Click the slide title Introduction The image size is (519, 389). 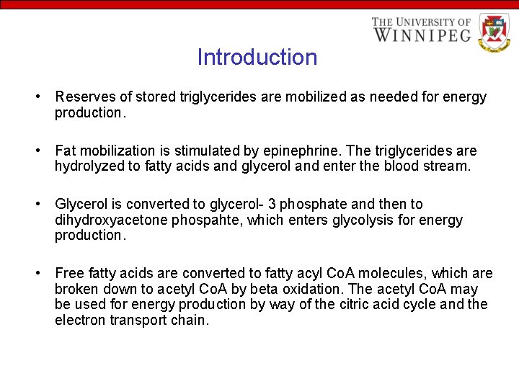click(257, 58)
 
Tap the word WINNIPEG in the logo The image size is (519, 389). click(422, 34)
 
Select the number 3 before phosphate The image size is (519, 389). click(272, 205)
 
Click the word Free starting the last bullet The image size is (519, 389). click(69, 274)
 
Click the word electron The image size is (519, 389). click(80, 321)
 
